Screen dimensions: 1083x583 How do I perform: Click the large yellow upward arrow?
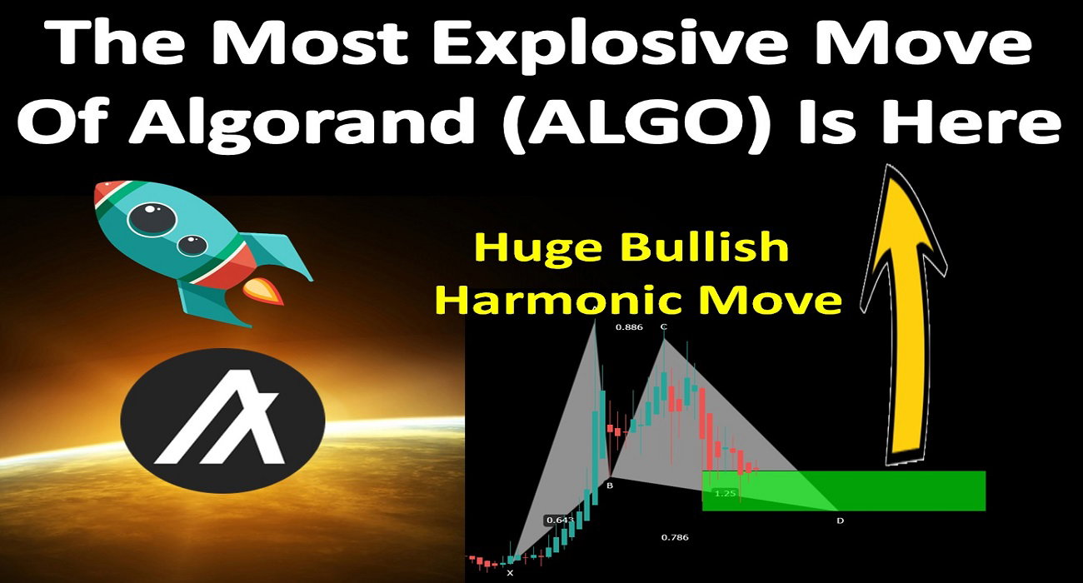(903, 314)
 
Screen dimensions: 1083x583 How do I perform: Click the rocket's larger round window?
(152, 218)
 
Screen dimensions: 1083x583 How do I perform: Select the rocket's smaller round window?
(192, 245)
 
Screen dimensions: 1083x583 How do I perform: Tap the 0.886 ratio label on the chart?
(629, 327)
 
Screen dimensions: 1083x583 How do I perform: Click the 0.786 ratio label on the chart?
(675, 537)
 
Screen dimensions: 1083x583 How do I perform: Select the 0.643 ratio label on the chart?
(560, 521)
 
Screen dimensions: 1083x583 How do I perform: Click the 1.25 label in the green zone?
(726, 494)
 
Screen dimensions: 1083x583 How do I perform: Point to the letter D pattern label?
(841, 521)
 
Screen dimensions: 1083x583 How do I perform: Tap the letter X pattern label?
(510, 573)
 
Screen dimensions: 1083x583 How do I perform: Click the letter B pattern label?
(610, 486)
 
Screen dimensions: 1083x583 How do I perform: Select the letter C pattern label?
(664, 326)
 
